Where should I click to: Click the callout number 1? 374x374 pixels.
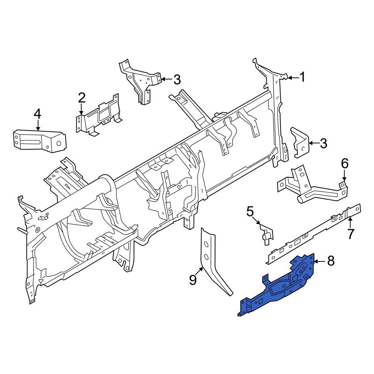pyautogui.click(x=302, y=77)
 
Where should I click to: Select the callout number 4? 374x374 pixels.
pyautogui.click(x=37, y=113)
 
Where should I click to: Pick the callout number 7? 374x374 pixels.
pyautogui.click(x=350, y=234)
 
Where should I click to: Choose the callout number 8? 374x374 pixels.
pyautogui.click(x=330, y=261)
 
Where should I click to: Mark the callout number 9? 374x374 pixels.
pyautogui.click(x=193, y=279)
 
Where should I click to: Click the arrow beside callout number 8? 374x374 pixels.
pyautogui.click(x=319, y=261)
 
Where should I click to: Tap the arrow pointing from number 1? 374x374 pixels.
pyautogui.click(x=293, y=78)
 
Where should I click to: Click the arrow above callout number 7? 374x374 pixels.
pyautogui.click(x=350, y=223)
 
